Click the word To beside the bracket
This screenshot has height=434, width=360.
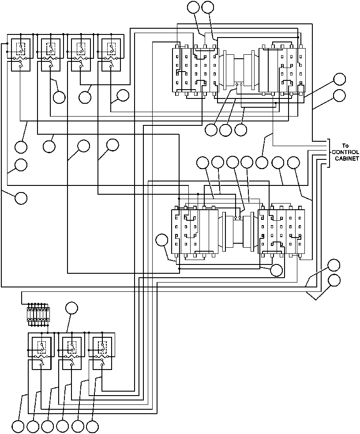(345, 146)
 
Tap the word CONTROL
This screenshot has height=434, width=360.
(345, 152)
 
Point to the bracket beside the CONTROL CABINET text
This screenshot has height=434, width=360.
(329, 153)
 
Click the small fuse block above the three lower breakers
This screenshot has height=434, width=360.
(38, 314)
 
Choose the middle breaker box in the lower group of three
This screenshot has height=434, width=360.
(71, 353)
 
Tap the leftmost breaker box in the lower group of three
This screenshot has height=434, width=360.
(41, 353)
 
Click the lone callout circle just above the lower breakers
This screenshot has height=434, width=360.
(71, 308)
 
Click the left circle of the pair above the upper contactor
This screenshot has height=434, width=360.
(193, 7)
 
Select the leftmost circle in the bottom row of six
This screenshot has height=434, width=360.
(18, 426)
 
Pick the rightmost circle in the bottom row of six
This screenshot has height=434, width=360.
(92, 426)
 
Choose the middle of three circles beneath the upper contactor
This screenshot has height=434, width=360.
(225, 130)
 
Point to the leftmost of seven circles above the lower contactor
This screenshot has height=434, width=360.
(202, 162)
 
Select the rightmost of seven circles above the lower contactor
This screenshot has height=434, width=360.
(293, 162)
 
